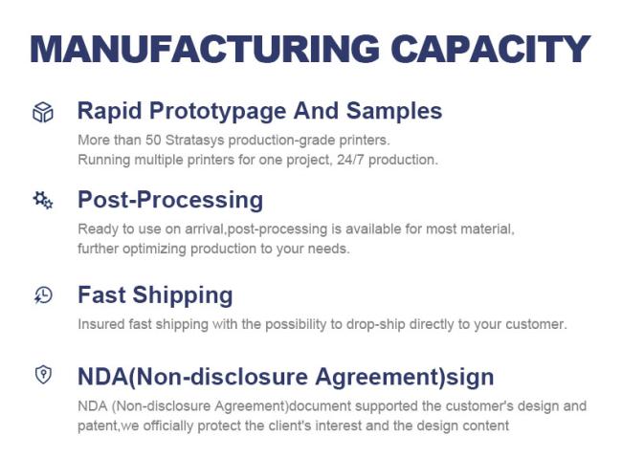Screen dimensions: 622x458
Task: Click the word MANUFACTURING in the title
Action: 205,49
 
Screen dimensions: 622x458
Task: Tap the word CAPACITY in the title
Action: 491,49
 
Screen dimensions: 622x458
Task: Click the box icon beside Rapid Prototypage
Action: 43,112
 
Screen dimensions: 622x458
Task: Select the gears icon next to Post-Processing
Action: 43,200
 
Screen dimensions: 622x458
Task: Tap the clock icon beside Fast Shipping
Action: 43,295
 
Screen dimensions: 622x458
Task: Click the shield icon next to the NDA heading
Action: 43,374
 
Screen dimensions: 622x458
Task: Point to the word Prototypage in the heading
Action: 217,111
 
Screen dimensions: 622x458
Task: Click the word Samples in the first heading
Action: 394,111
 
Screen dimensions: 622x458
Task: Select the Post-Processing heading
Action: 170,200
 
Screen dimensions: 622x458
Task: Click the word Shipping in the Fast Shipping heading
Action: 183,295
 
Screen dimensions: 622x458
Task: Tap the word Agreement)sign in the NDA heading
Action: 405,377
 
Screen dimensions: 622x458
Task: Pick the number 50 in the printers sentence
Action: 153,140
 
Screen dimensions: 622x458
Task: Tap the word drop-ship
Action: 376,325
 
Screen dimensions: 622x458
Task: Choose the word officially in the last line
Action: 168,426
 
